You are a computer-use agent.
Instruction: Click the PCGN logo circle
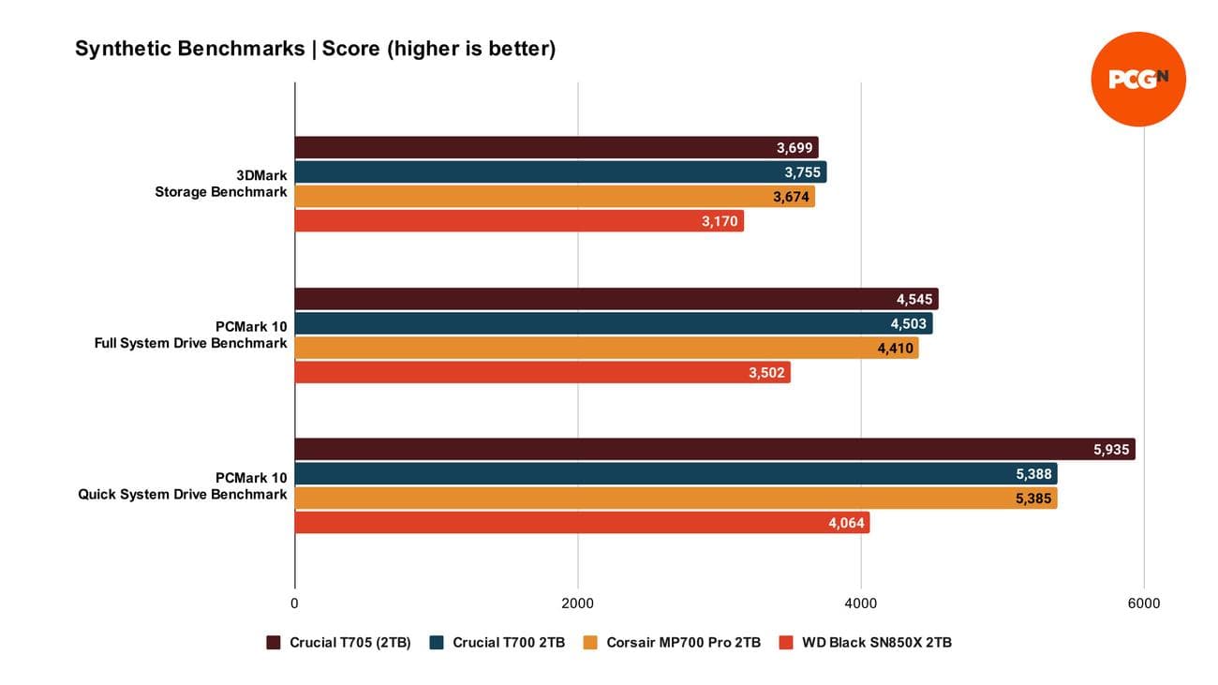(1138, 79)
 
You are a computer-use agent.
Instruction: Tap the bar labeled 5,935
(714, 449)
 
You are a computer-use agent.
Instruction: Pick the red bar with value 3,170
(518, 221)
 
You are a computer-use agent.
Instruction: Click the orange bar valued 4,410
(606, 349)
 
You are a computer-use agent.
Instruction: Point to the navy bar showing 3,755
(559, 172)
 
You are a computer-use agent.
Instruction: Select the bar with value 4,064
(582, 523)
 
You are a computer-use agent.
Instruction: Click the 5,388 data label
(1034, 474)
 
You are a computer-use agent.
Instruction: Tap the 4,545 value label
(914, 300)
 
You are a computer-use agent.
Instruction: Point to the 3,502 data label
(766, 373)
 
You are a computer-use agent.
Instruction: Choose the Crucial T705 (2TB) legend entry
(339, 643)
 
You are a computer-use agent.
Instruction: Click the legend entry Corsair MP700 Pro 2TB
(671, 643)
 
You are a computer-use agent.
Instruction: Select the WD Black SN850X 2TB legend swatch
(786, 643)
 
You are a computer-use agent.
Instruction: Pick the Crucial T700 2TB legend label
(509, 643)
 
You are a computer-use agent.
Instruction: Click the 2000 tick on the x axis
(578, 603)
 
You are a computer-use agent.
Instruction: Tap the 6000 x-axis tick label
(1143, 603)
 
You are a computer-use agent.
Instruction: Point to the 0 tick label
(295, 603)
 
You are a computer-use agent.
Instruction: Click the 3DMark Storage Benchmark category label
(221, 184)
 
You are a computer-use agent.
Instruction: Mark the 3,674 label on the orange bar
(792, 197)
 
